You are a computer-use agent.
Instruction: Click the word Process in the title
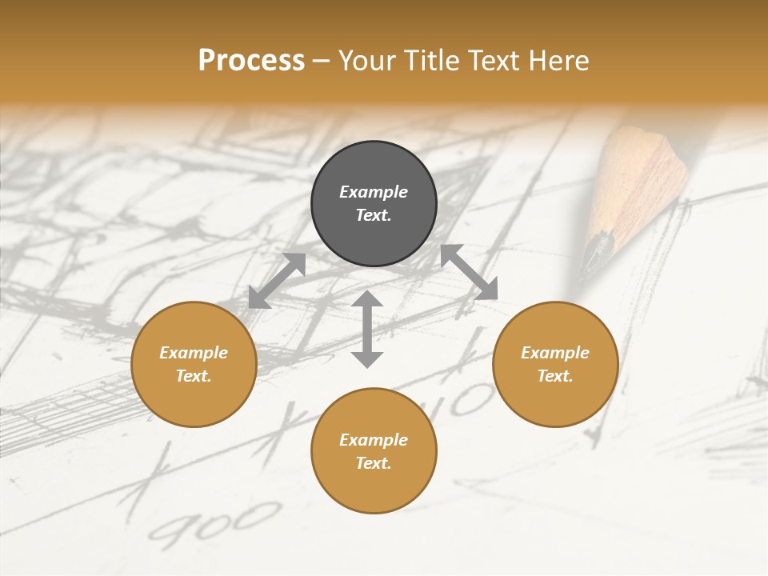[x=251, y=61]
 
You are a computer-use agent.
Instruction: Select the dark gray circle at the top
[x=374, y=204]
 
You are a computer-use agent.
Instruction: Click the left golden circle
[x=194, y=364]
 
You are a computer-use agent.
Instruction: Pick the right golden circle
[x=555, y=364]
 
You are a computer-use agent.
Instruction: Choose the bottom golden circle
[x=374, y=451]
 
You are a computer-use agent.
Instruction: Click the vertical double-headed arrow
[x=367, y=329]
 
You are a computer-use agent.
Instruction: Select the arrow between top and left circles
[x=277, y=280]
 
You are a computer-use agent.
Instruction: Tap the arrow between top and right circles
[x=470, y=272]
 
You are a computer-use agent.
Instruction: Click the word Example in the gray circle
[x=374, y=192]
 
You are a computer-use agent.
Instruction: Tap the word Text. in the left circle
[x=194, y=376]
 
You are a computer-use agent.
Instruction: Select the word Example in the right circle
[x=555, y=353]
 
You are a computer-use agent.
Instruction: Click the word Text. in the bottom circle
[x=374, y=463]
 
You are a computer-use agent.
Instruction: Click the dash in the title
[x=322, y=61]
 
